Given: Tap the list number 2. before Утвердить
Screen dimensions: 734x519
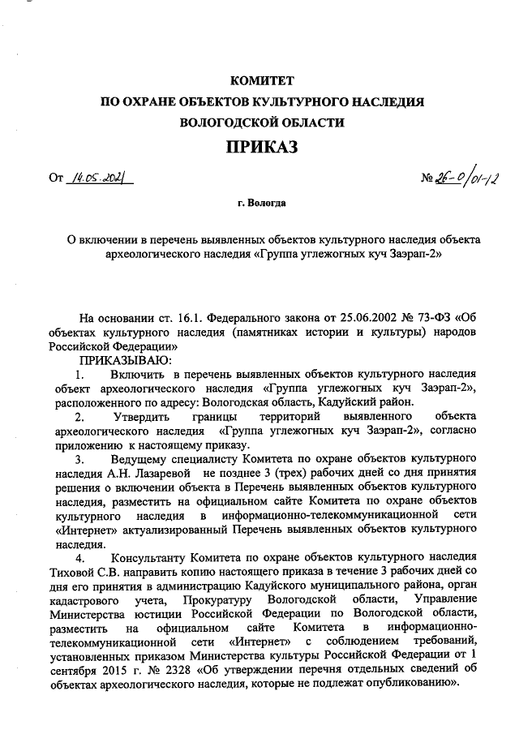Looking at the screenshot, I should pos(79,417).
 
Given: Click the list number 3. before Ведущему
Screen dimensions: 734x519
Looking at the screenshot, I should pos(79,461).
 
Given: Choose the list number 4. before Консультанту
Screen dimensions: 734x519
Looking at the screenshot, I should pos(79,558).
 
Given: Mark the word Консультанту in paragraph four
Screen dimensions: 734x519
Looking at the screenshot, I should pos(148,558).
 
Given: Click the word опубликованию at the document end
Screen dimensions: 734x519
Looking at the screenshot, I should pos(413,689).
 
